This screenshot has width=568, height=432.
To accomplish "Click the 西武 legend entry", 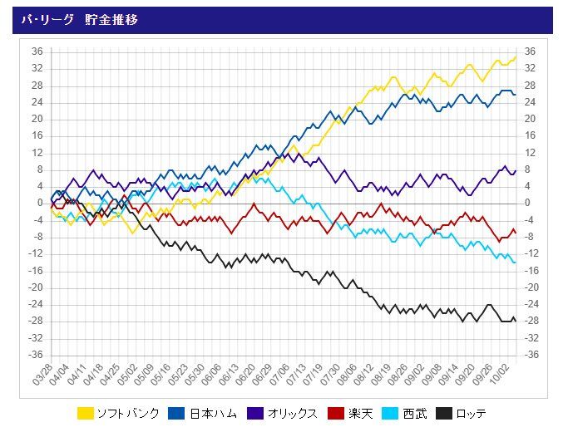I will coord(416,413).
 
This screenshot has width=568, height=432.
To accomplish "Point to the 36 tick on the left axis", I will coord(37,52).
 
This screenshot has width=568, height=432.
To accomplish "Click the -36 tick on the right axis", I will coord(530,355).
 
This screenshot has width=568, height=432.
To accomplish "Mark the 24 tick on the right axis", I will coord(529,102).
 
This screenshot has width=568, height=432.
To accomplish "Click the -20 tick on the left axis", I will coord(36,287).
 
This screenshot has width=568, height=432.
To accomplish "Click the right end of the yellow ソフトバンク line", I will coord(516,56).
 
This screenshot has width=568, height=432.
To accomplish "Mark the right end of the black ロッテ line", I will coord(515,320).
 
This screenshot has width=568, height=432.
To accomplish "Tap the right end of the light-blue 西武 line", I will coord(515,262).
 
